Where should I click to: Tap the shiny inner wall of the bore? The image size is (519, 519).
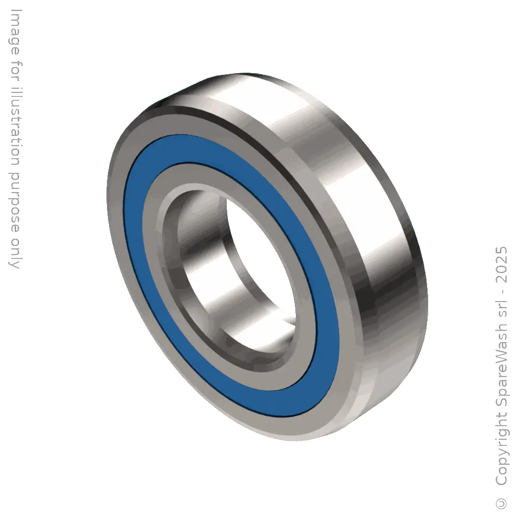click(x=208, y=270)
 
